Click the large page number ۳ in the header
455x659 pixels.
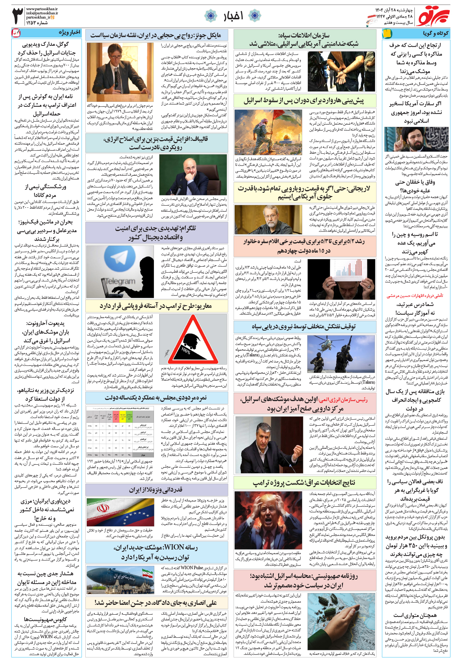coord(18,16)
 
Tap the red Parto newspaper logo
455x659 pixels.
coord(432,16)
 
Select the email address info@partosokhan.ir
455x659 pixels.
coord(42,13)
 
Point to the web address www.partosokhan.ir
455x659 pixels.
coord(42,9)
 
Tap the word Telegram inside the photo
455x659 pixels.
coord(120,281)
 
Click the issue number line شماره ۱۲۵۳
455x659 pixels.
coord(37,23)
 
